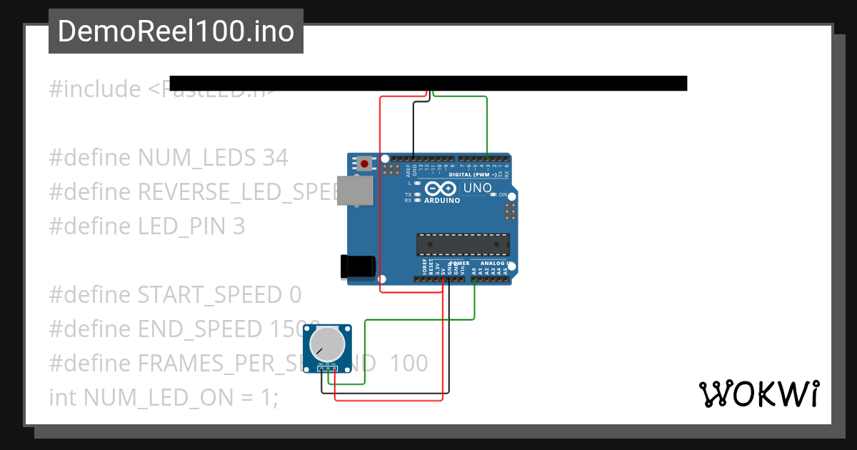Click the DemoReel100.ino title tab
pyautogui.click(x=176, y=31)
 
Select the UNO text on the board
pyautogui.click(x=478, y=189)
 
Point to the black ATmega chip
pyautogui.click(x=463, y=244)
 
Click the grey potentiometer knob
pyautogui.click(x=327, y=345)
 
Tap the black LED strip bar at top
pyautogui.click(x=428, y=84)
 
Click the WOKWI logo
pyautogui.click(x=758, y=394)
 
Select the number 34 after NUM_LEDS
pyautogui.click(x=275, y=158)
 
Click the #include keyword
pyautogui.click(x=95, y=90)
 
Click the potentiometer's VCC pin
pyautogui.click(x=334, y=369)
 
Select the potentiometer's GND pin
pyautogui.click(x=320, y=369)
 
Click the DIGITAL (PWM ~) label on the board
pyautogui.click(x=473, y=174)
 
